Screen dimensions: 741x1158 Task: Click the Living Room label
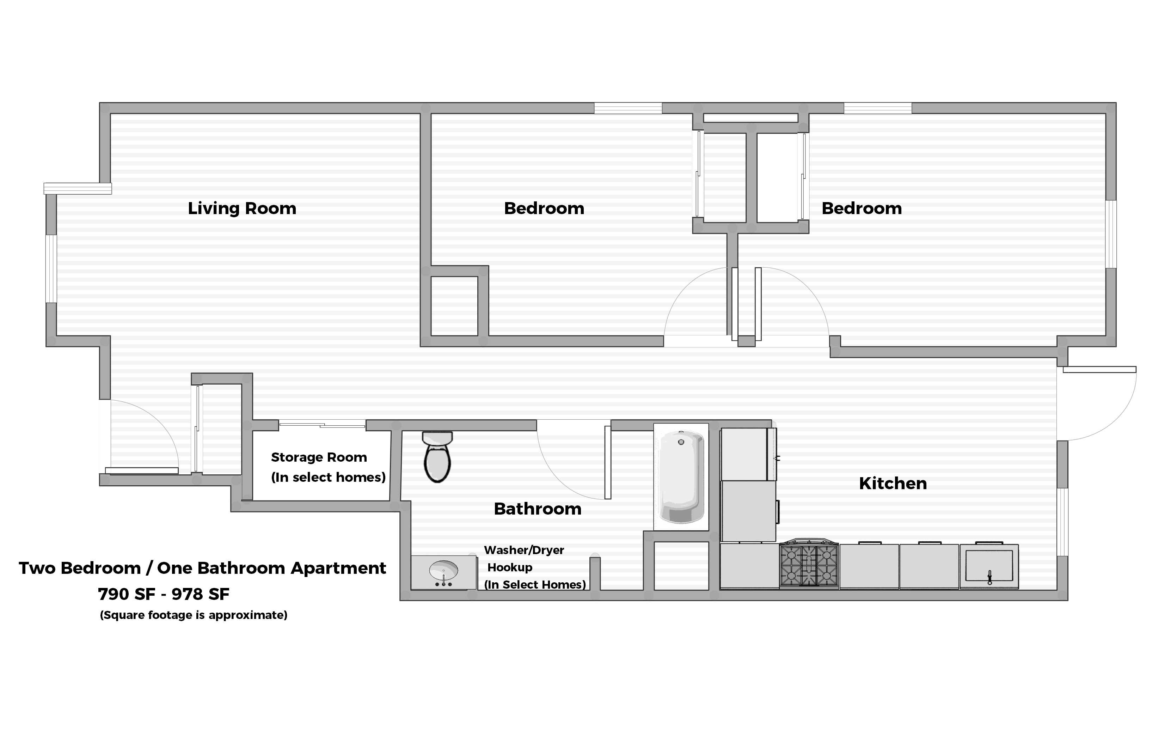point(242,208)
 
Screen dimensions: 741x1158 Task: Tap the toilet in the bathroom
point(437,457)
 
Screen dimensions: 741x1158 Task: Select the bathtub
point(681,476)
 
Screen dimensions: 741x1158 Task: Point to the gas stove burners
point(809,565)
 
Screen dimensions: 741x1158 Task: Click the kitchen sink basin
point(989,566)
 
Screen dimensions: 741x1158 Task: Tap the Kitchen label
point(893,484)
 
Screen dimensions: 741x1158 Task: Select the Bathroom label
point(538,509)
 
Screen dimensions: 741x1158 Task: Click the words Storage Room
point(319,457)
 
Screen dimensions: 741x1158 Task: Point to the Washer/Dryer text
point(524,550)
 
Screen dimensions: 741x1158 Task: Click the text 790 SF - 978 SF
point(164,595)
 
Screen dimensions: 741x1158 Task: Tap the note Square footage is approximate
point(193,615)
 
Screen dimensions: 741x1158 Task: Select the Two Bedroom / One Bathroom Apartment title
point(202,568)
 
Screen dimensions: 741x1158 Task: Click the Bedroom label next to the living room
point(544,208)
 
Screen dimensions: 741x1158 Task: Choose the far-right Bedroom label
point(861,208)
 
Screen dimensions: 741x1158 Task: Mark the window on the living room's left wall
point(51,268)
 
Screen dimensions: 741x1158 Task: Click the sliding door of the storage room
point(322,424)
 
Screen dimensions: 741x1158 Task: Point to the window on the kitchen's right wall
point(1062,522)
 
